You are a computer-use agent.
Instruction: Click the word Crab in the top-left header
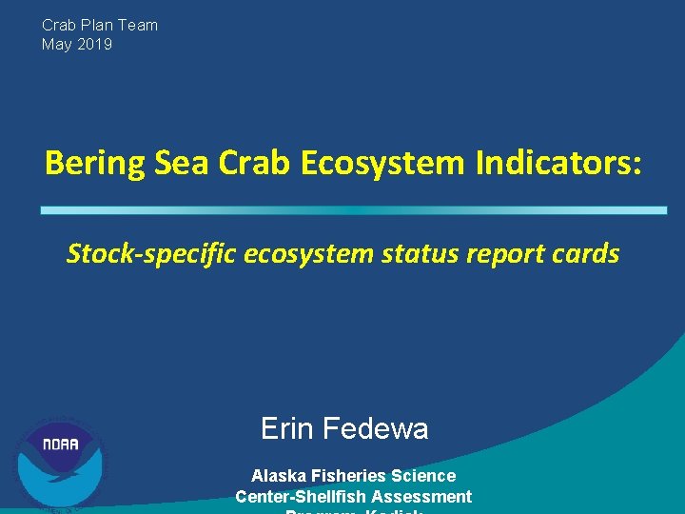point(59,25)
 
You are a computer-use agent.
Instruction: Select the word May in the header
point(56,44)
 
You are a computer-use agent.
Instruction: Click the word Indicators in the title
point(556,164)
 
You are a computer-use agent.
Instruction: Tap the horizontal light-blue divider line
point(354,210)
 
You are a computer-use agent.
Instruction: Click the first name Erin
point(287,429)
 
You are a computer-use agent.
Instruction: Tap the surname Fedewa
point(376,429)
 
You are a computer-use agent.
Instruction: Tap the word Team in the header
point(136,25)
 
